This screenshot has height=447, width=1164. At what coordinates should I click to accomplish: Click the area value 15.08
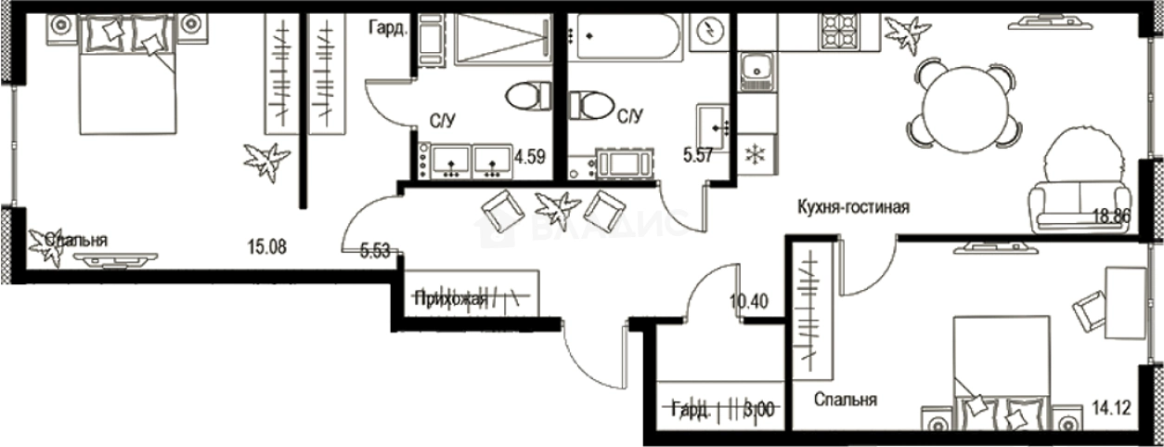tap(266, 246)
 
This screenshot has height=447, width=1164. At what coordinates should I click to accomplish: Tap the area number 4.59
tap(529, 156)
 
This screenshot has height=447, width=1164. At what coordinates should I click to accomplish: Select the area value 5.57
tap(698, 156)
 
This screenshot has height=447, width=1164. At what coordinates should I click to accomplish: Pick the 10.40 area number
tap(747, 301)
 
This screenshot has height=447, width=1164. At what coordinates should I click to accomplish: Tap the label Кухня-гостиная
tap(851, 208)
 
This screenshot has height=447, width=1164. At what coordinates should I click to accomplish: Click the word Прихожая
tap(451, 298)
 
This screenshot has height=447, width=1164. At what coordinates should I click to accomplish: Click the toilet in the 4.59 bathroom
tap(529, 96)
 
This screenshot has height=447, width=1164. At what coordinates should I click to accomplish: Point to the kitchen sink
tap(757, 70)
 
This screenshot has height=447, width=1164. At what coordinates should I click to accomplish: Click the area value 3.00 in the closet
tap(762, 409)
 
